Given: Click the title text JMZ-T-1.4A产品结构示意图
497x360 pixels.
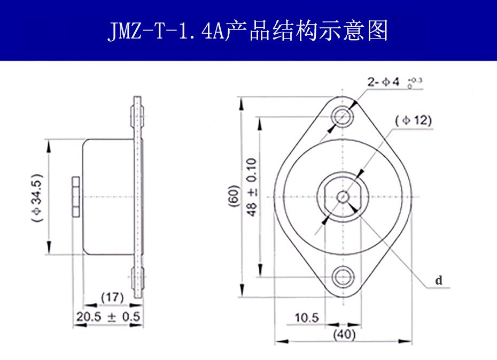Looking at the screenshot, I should (x=248, y=31).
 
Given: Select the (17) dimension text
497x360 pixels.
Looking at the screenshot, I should (x=112, y=296).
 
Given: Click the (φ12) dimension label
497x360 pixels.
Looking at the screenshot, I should (x=413, y=120).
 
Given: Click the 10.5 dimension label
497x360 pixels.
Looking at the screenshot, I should (x=306, y=318).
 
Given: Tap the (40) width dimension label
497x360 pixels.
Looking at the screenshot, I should (x=344, y=335).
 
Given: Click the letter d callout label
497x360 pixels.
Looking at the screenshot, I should (x=438, y=280).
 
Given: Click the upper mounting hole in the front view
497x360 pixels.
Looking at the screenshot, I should (x=342, y=115).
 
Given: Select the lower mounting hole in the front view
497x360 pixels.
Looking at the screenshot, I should (x=342, y=277).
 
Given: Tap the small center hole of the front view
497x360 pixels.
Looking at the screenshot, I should (x=343, y=196).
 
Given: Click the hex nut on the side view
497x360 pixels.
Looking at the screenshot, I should (x=75, y=197).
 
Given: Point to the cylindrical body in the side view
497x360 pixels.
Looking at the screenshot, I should (x=108, y=197).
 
